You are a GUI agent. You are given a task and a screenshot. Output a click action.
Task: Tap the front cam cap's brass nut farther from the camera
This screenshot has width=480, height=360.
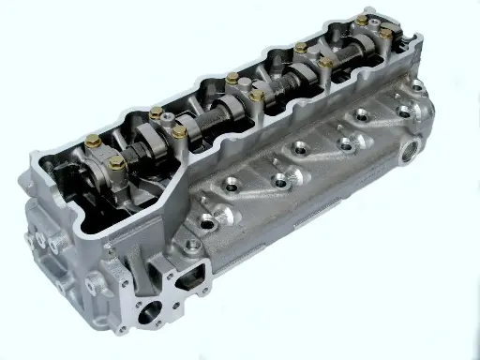pos(93,142)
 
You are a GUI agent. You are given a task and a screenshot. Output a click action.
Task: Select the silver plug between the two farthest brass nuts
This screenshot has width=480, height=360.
pos(374,26)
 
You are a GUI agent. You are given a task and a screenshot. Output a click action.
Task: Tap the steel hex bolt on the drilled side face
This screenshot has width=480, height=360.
pos(192,246)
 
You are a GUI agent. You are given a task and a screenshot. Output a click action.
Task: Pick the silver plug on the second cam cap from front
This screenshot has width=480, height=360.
pos(167,120)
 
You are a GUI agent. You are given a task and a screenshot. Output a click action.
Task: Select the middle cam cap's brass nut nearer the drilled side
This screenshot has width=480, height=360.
pos(256,95)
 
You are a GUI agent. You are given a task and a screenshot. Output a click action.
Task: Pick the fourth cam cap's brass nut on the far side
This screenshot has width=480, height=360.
pos(300,48)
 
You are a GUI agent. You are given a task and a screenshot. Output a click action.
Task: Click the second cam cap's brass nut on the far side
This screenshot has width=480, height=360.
pos(156,112)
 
